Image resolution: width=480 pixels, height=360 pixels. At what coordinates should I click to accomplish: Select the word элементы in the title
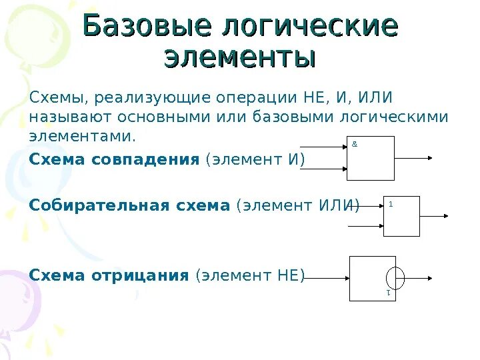[239, 57]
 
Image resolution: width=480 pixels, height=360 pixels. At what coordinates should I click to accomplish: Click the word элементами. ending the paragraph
[82, 137]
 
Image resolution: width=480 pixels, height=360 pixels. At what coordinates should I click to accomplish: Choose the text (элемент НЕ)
[249, 275]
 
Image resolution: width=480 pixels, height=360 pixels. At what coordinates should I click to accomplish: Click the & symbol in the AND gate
[354, 143]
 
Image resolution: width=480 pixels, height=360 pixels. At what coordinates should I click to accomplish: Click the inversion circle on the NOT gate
[395, 277]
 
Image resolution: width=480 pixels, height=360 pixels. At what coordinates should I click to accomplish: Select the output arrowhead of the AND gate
[430, 158]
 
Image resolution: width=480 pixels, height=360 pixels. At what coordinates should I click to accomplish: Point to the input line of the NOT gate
[327, 277]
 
